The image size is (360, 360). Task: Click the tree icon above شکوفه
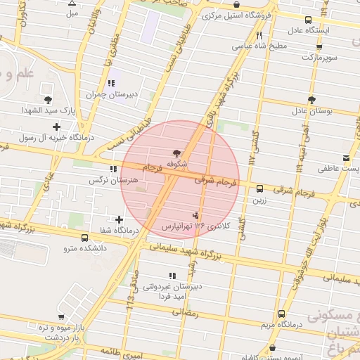click(176, 153)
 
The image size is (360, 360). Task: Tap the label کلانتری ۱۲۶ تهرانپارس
click(191, 226)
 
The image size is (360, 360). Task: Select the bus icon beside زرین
click(260, 188)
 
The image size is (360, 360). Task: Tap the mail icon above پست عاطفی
click(345, 157)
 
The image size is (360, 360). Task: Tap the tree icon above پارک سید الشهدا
click(47, 100)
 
